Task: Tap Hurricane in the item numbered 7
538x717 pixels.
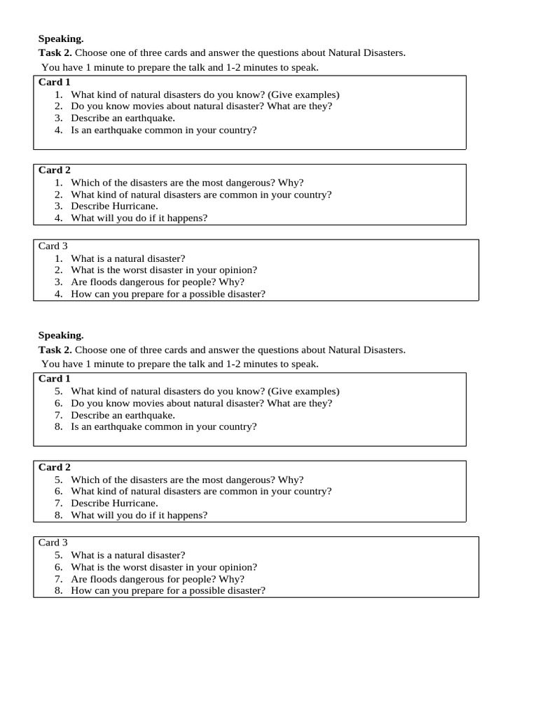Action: [135, 503]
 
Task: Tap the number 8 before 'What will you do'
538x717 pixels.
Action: [59, 515]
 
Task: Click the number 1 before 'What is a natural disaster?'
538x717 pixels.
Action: [59, 258]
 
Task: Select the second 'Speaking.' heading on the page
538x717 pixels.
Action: [61, 335]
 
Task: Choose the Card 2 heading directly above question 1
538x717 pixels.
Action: [55, 170]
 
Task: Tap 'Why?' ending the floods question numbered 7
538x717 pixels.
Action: [232, 579]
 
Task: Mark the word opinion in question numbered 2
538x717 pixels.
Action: [237, 270]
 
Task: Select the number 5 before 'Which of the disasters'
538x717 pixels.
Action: [59, 480]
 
